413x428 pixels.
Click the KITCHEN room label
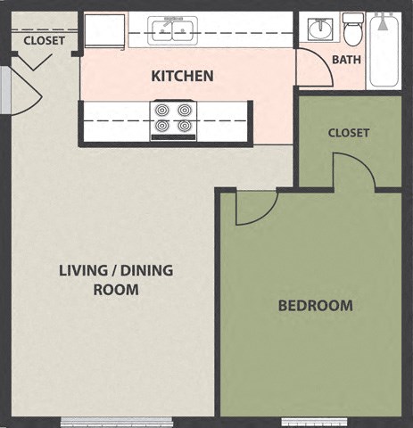[x=182, y=76]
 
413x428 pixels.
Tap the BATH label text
[x=346, y=60]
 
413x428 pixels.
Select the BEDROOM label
[x=315, y=306]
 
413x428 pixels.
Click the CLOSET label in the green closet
[x=349, y=133]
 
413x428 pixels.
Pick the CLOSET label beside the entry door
[x=44, y=40]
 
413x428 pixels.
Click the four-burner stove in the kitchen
[x=173, y=120]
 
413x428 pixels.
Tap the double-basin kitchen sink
[x=174, y=31]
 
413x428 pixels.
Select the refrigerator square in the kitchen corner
[x=104, y=31]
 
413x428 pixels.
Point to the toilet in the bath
[x=353, y=31]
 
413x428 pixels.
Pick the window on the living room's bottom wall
[x=116, y=421]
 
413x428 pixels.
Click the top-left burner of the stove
[x=162, y=111]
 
